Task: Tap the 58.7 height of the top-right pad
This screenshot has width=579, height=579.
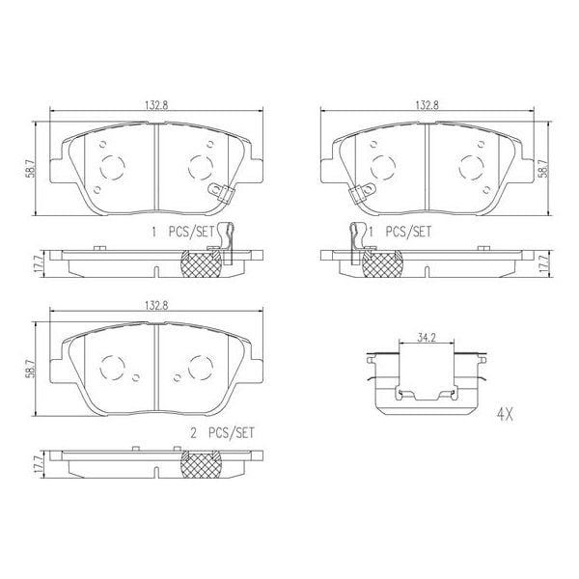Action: [x=545, y=168]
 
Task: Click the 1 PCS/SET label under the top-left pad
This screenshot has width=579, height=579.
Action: [x=179, y=232]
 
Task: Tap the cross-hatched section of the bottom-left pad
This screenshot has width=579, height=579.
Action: [x=203, y=466]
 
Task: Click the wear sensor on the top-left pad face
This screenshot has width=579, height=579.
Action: [x=221, y=193]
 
